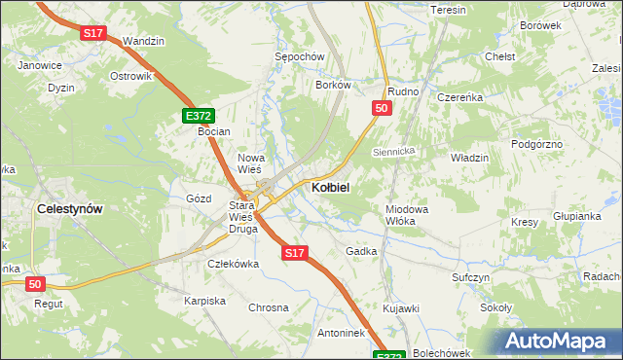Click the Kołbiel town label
tap(330, 187)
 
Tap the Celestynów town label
tap(69, 208)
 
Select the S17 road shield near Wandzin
tap(92, 33)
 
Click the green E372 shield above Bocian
tap(198, 115)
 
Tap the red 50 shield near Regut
tap(35, 283)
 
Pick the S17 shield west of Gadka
tap(295, 253)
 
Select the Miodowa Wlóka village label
tap(408, 215)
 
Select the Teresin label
tap(448, 10)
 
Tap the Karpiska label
tap(204, 301)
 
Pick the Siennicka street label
tap(394, 152)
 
